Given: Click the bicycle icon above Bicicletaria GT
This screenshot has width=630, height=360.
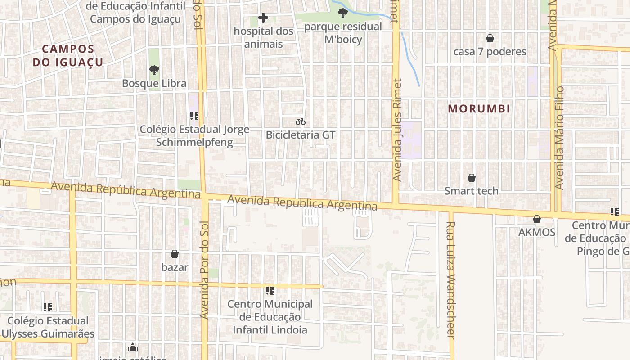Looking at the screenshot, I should pos(301,121).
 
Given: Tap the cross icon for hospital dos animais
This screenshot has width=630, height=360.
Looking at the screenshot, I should pos(263,18).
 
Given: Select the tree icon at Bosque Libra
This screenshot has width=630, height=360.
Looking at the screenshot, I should pos(154,70).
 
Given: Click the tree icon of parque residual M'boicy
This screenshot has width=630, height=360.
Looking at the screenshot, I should pos(343,13).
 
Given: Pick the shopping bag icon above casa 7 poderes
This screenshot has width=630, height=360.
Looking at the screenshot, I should pos(490,38).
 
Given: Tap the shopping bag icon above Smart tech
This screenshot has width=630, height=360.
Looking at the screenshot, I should pos(472,178).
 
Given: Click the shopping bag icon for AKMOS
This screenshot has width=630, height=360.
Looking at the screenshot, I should pos(537,219).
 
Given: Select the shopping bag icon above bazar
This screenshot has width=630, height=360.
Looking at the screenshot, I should pos(175,254).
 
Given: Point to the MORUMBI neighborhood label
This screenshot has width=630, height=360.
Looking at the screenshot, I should pos(479,108).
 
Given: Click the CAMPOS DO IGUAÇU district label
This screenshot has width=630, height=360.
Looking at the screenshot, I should pos(68,55).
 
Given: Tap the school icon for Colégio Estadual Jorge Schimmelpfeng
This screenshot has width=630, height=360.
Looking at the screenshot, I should pos(194,116).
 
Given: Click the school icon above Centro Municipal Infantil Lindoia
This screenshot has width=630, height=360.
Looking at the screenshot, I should pos(270,291).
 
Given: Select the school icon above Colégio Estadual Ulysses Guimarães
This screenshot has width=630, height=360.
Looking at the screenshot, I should pos(48,307).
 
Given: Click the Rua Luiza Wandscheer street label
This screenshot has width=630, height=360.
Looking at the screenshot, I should pos(451,279).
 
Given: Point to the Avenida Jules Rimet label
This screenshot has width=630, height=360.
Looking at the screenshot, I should pos(396,130).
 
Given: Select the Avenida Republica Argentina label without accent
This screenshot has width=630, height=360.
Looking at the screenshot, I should pos(302,203).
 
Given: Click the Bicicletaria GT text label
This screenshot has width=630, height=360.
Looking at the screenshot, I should pos(301,135).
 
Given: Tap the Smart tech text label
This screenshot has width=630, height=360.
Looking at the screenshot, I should pos(472,191).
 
